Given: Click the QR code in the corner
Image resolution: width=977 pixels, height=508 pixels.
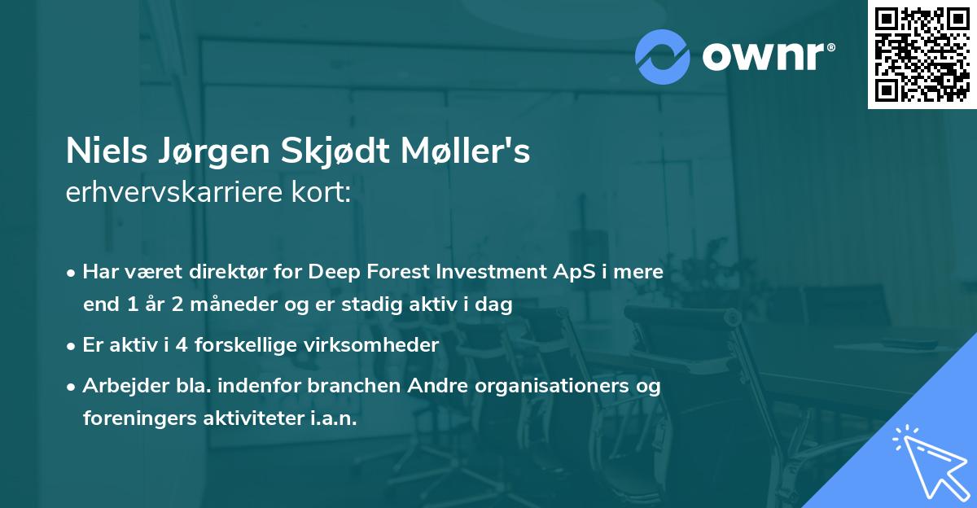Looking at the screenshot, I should pyautogui.click(x=922, y=55).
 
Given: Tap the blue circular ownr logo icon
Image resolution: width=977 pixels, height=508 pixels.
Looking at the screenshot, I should pyautogui.click(x=663, y=56).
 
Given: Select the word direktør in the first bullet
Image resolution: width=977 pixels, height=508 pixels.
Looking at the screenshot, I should pyautogui.click(x=214, y=272).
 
